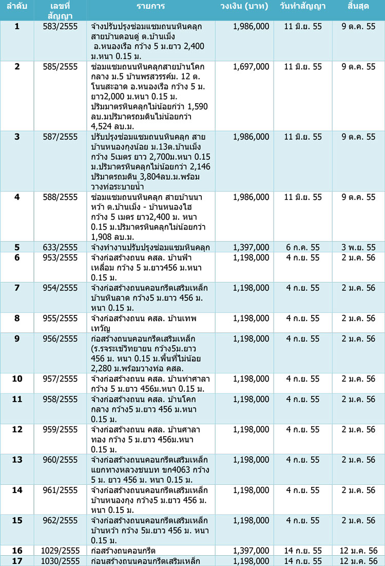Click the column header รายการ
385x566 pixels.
click(151, 9)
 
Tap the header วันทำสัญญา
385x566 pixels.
click(303, 9)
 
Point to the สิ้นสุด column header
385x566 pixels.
click(358, 9)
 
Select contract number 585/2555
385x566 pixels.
click(61, 67)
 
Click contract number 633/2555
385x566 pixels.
click(61, 248)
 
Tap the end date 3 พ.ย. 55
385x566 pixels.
click(358, 248)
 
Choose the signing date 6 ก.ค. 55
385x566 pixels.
click(303, 248)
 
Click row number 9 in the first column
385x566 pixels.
click(17, 338)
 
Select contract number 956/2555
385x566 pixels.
click(61, 338)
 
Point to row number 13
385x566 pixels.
click(17, 460)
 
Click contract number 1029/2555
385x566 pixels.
click(61, 551)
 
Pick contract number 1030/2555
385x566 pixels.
click(61, 561)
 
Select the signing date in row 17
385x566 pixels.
click(303, 561)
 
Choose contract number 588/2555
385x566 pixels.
click(61, 197)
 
